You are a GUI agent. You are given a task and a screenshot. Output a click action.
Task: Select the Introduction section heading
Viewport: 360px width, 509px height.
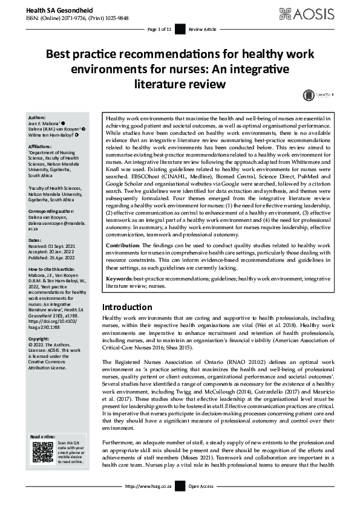click(127, 306)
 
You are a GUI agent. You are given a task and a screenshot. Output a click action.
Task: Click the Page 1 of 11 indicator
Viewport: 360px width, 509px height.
click(160, 28)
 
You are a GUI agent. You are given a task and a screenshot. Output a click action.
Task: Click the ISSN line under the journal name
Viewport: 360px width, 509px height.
click(70, 18)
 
